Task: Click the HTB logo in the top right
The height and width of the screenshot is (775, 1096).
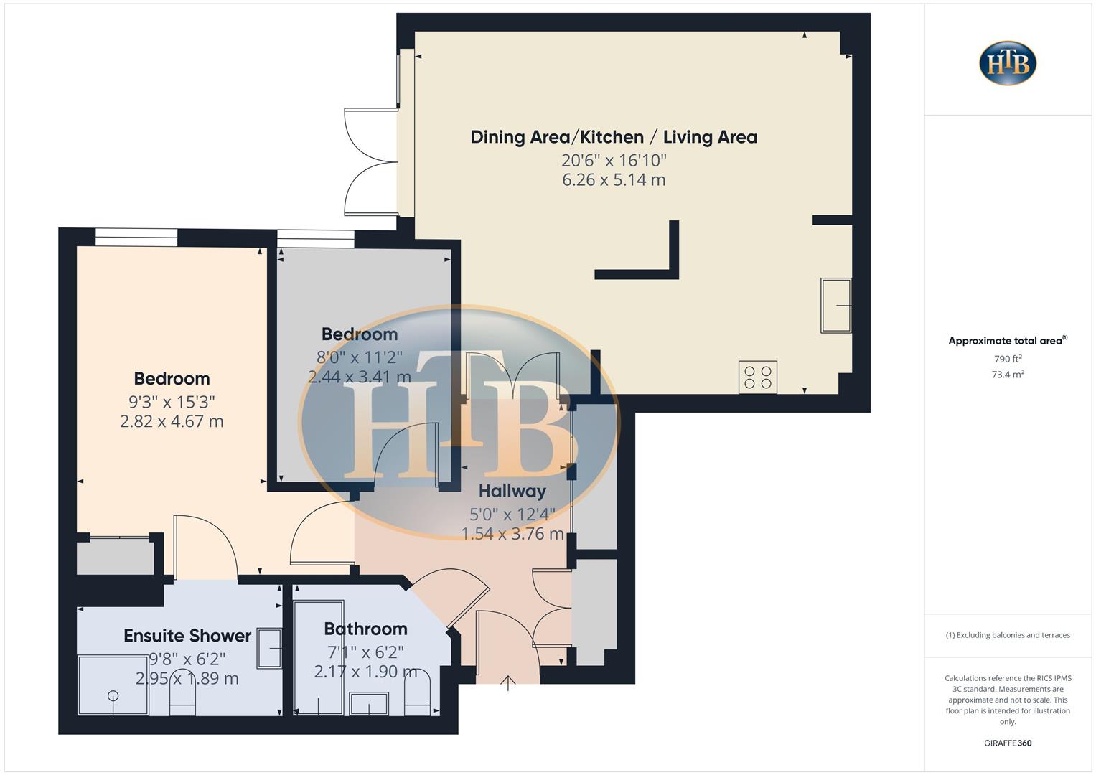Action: (1008, 63)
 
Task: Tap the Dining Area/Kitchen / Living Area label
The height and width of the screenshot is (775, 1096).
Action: (614, 137)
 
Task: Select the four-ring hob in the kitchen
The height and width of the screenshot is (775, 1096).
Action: (758, 377)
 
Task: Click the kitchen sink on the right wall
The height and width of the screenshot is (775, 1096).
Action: (836, 306)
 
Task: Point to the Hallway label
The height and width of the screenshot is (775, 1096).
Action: (512, 492)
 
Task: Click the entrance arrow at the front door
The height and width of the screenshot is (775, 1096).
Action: (508, 682)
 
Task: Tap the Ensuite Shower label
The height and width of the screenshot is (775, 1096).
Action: (187, 636)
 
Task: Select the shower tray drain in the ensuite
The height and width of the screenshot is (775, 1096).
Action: (113, 695)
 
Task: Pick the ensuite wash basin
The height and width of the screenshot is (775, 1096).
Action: (269, 649)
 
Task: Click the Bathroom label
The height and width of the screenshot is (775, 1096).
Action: (365, 629)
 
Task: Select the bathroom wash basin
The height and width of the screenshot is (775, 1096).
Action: (369, 703)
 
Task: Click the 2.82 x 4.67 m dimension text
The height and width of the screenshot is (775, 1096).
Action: (172, 421)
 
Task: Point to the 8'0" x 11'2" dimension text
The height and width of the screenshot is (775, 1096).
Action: (360, 357)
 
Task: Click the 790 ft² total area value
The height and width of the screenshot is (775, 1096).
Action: (1008, 359)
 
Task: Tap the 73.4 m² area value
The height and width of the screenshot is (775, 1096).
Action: (1008, 375)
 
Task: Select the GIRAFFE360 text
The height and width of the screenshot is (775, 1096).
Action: (1008, 743)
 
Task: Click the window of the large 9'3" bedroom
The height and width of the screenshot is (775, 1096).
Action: (136, 237)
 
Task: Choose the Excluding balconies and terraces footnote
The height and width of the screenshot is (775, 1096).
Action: (1008, 635)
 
